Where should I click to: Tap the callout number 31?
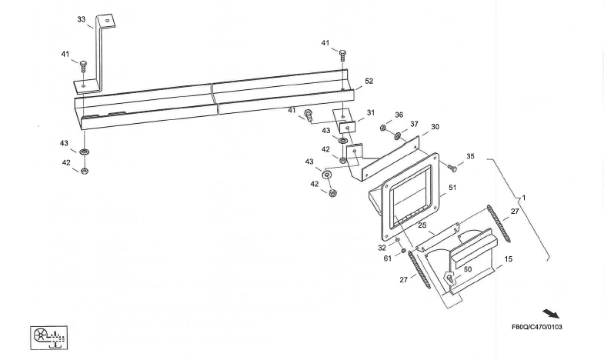pos(370,112)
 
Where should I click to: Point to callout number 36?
pos(399,115)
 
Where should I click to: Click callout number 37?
pos(413,124)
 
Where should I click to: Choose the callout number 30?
pos(435,127)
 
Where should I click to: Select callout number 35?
pos(470,156)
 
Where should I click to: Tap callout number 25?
pos(422,225)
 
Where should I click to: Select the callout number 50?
pos(467,270)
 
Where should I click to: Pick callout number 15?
pos(509,261)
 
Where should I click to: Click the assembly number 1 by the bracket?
pos(524,198)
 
